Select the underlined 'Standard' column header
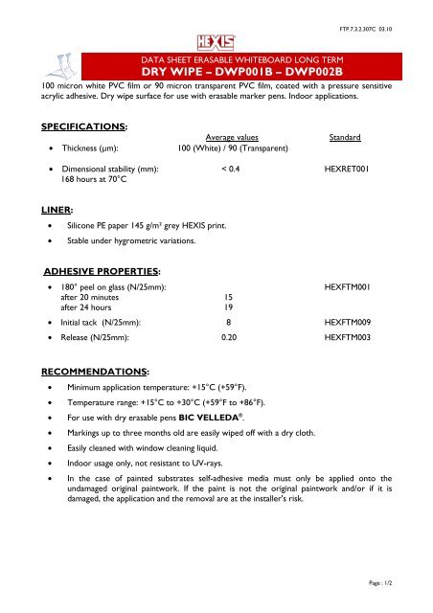[x=343, y=139]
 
